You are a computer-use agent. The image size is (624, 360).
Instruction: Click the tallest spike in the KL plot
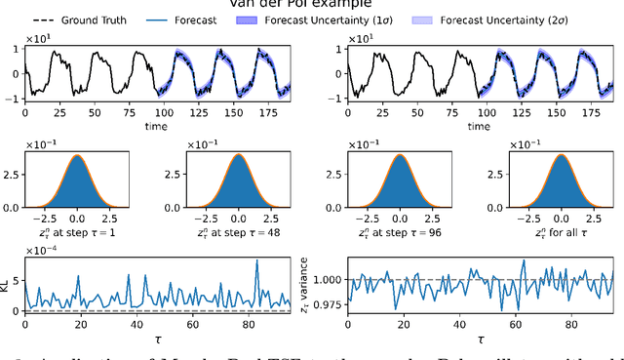[256, 260]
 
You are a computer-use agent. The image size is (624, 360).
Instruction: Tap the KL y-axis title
[8, 284]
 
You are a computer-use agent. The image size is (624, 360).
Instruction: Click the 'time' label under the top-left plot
[157, 126]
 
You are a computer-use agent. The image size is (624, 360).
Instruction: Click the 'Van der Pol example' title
[312, 4]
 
